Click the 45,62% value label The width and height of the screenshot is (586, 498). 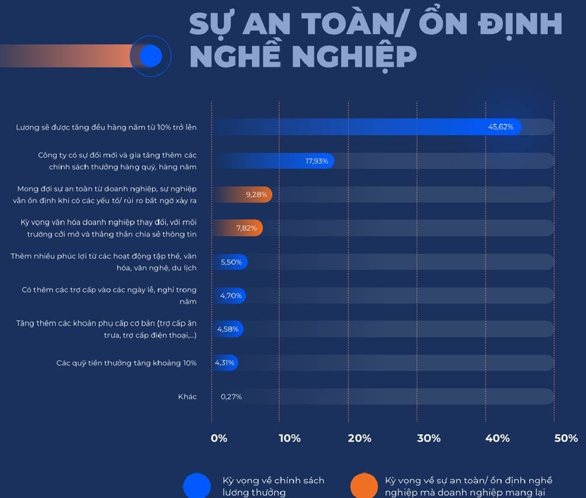[500, 127]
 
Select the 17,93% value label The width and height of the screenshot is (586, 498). [317, 161]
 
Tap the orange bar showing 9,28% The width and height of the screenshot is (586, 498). [243, 194]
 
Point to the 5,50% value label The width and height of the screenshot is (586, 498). [231, 262]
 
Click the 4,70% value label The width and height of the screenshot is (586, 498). [231, 295]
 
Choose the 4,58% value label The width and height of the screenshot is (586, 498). [228, 329]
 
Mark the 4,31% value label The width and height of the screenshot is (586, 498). [225, 362]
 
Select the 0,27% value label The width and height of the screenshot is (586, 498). [231, 397]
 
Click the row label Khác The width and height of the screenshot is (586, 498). [188, 397]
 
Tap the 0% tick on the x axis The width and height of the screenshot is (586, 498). [219, 438]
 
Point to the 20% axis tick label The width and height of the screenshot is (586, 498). [359, 438]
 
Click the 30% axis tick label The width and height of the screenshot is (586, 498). [429, 438]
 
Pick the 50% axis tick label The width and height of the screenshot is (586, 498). [566, 438]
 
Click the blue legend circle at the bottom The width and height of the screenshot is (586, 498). [197, 486]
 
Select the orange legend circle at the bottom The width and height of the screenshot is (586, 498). [364, 486]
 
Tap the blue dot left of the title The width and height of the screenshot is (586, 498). [150, 56]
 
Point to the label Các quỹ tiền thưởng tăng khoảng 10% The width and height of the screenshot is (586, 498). [127, 363]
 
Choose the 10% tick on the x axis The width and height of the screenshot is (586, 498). [289, 438]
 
